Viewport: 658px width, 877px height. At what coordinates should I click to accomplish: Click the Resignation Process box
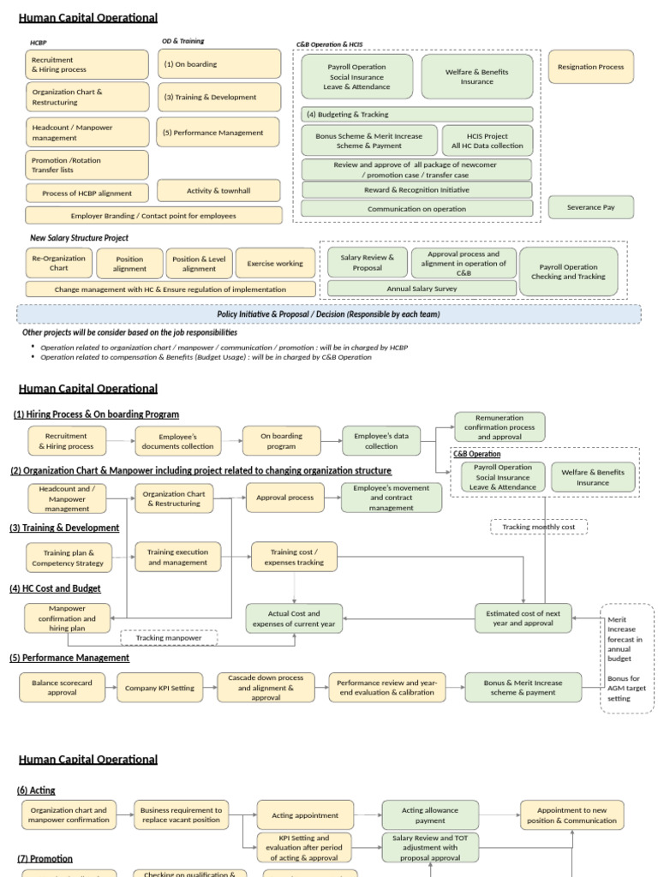pos(590,67)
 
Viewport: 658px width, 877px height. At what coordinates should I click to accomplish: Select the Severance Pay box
pos(590,207)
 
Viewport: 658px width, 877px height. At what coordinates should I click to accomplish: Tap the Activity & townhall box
pos(218,191)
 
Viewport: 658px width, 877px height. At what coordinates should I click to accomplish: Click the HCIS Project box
pos(487,140)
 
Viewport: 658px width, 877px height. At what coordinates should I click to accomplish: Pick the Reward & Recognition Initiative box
pos(416,190)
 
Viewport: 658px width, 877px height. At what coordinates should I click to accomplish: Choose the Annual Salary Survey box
pos(422,289)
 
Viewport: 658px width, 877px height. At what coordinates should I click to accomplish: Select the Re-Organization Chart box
pos(58,263)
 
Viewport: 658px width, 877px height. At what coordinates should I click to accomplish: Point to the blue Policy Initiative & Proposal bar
pos(328,314)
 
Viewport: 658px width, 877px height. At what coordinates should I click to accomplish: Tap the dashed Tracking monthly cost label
pos(538,527)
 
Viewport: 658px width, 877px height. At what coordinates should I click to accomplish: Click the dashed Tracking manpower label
pos(169,638)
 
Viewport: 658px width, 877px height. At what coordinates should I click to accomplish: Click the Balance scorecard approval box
pos(62,688)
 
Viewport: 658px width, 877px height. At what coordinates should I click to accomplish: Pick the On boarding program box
pos(281,441)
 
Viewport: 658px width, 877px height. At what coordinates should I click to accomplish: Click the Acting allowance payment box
pos(430,815)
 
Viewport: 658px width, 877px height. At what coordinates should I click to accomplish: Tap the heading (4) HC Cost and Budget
pos(55,588)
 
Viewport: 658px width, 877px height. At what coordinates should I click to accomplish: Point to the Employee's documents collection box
pos(171,441)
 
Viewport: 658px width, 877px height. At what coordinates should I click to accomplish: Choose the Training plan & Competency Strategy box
pos(68,558)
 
